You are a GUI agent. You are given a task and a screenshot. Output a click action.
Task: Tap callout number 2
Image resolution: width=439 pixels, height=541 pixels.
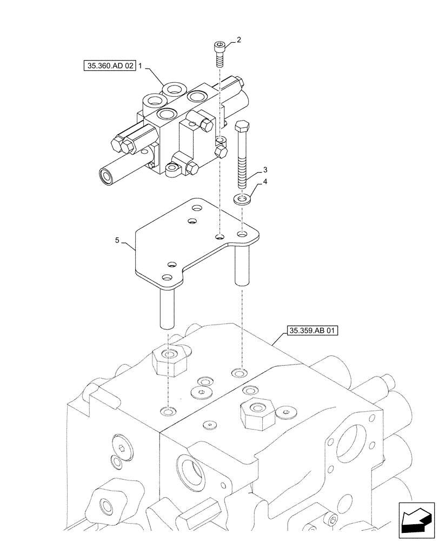(x=240, y=39)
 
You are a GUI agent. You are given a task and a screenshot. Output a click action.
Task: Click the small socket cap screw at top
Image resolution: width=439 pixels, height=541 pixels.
(x=219, y=53)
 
